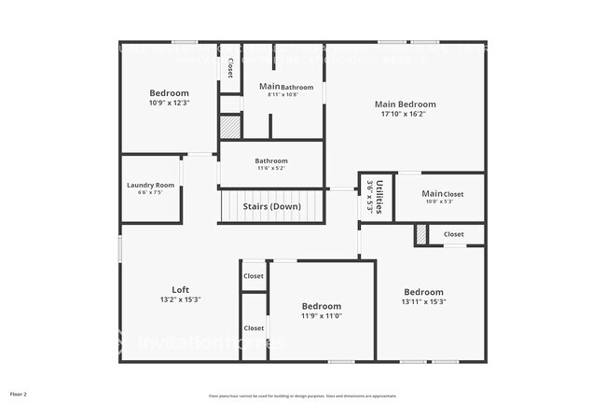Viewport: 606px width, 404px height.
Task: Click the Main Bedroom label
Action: (405, 104)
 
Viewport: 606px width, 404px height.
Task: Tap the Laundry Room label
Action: (150, 186)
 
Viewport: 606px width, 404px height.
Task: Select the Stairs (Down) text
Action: (271, 206)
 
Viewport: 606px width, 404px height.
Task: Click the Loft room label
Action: (180, 289)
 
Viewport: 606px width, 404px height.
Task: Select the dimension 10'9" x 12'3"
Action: (169, 103)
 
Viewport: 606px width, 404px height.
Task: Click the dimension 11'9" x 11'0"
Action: (321, 316)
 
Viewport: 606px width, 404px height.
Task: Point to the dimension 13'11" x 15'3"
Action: (423, 301)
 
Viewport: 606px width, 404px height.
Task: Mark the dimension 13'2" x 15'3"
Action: (180, 300)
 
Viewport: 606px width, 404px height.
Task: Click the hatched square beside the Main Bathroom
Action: (230, 127)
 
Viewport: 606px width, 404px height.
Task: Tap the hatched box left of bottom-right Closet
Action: (421, 236)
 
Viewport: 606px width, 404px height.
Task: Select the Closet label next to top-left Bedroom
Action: (230, 68)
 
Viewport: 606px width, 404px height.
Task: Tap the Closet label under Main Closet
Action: (453, 234)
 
